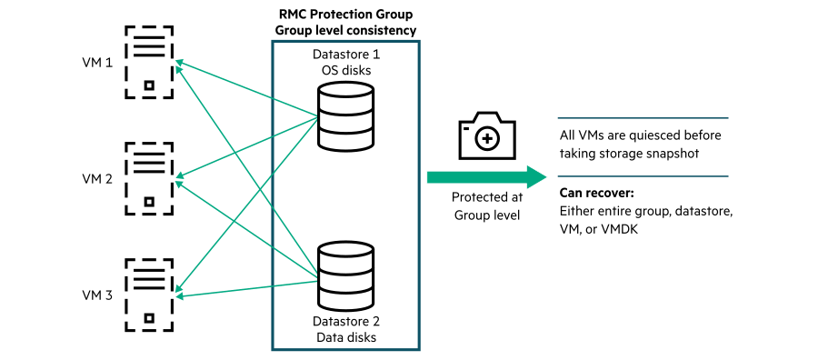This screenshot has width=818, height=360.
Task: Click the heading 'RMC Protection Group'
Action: coord(344,14)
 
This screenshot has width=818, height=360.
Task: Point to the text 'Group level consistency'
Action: coord(344,30)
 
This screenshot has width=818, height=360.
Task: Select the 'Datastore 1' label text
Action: coord(344,55)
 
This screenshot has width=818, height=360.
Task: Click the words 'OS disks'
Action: coord(344,71)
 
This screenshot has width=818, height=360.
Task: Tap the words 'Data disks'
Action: coord(344,337)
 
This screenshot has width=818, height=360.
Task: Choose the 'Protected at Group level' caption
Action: coord(486,206)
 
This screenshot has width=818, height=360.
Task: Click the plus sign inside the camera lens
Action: coord(488,139)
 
